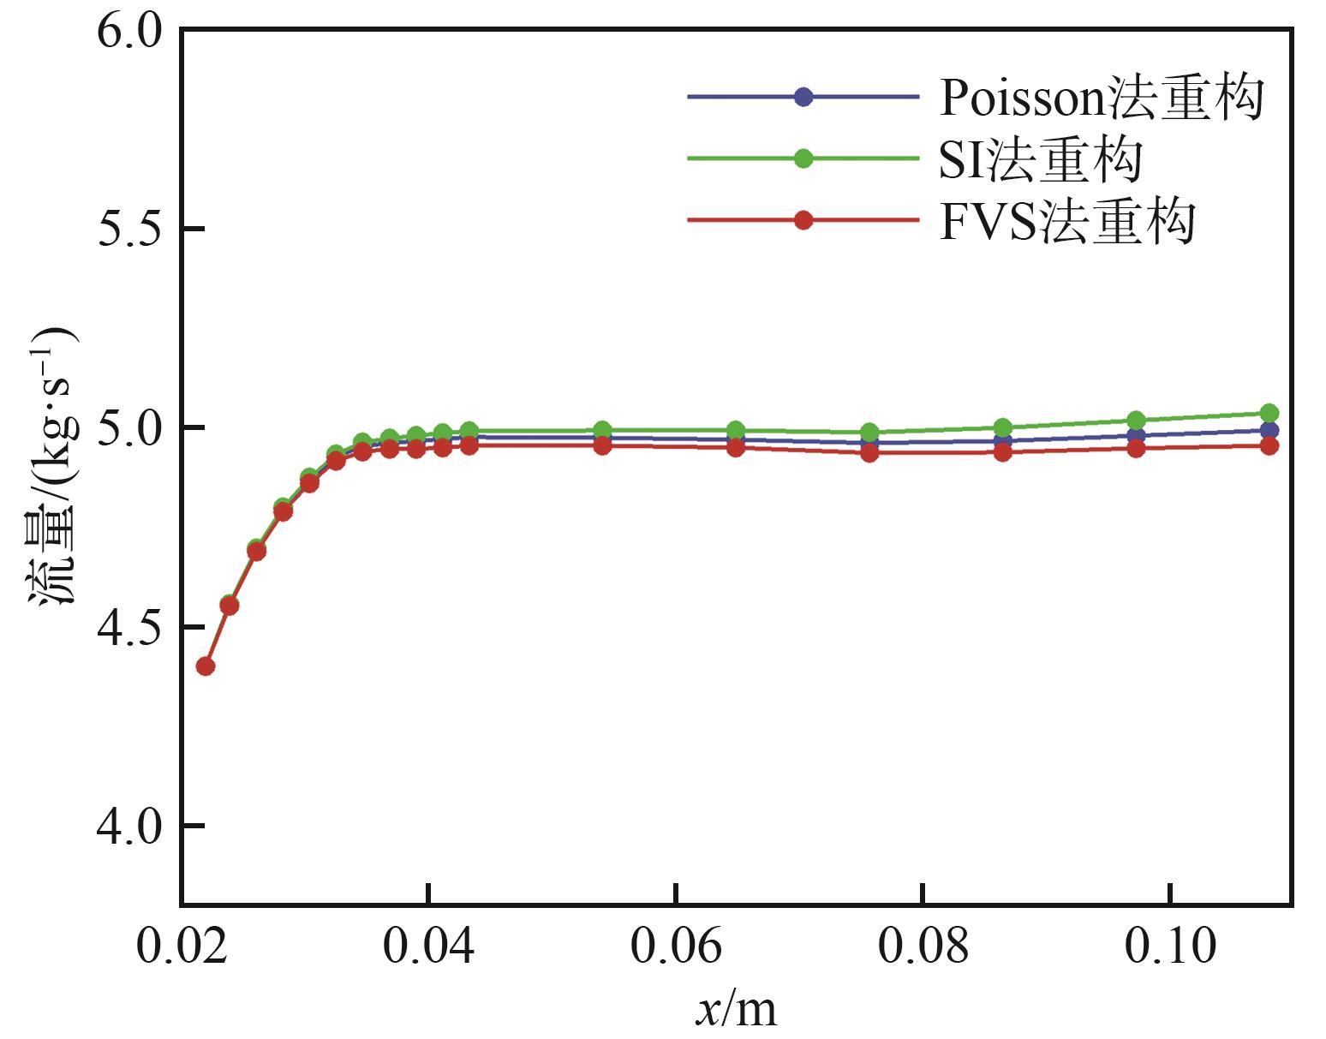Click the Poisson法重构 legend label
pyautogui.click(x=1102, y=98)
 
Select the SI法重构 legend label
pyautogui.click(x=1040, y=159)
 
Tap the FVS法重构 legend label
pyautogui.click(x=1066, y=222)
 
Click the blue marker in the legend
pyautogui.click(x=803, y=97)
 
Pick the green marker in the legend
pyautogui.click(x=803, y=158)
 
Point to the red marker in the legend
pyautogui.click(x=803, y=220)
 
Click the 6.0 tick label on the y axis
pyautogui.click(x=129, y=33)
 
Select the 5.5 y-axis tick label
pyautogui.click(x=129, y=230)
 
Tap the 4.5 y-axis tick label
pyautogui.click(x=129, y=628)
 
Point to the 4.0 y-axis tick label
pyautogui.click(x=129, y=827)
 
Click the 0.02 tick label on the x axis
pyautogui.click(x=182, y=946)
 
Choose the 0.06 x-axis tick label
pyautogui.click(x=676, y=946)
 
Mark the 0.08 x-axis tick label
pyautogui.click(x=923, y=946)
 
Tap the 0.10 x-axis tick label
pyautogui.click(x=1170, y=946)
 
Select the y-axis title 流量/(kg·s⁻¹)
pyautogui.click(x=53, y=467)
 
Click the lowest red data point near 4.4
pyautogui.click(x=205, y=666)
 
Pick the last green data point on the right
pyautogui.click(x=1269, y=413)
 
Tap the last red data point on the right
pyautogui.click(x=1269, y=445)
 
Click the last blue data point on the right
pyautogui.click(x=1269, y=430)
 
